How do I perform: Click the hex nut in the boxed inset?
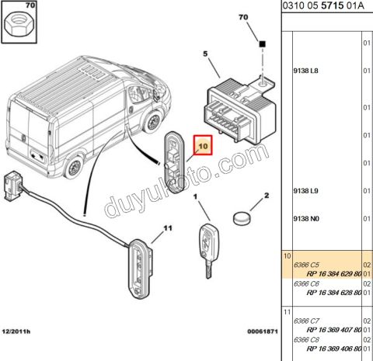coord(17,25)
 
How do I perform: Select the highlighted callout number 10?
coord(204,146)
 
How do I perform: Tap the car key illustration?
coord(209,251)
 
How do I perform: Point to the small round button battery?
coord(242,218)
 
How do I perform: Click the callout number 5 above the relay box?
coord(205,54)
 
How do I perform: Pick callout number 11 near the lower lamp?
coord(168,228)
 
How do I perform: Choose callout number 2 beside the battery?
coord(267,196)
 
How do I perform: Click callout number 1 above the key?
coord(196,197)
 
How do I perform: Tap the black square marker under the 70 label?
coord(263,44)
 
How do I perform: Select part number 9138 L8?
coord(306,71)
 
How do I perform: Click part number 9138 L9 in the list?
coord(306,191)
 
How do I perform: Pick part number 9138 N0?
coord(306,219)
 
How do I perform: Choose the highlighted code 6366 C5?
coord(306,265)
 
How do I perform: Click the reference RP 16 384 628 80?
coord(334,293)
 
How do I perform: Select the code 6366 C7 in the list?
coord(306,321)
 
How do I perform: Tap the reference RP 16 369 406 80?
coord(334,349)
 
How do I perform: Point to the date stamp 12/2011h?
coord(16,331)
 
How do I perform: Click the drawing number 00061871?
coord(263,331)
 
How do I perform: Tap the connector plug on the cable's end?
coord(12,186)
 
